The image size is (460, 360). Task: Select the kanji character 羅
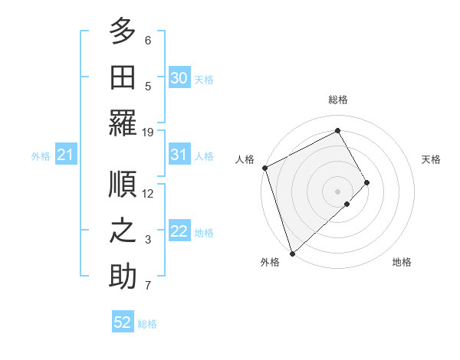[x=123, y=123]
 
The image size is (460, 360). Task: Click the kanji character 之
[x=123, y=230]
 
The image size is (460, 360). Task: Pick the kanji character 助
[x=123, y=277]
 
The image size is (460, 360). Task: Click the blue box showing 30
[x=179, y=77]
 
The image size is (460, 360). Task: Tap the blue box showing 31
[x=179, y=155]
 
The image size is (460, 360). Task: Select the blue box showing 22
[x=179, y=232]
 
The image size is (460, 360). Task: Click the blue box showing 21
[x=65, y=155]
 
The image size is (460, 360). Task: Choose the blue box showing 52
[x=123, y=322]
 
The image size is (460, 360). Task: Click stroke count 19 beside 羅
[x=148, y=132]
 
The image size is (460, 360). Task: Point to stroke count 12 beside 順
[x=148, y=193]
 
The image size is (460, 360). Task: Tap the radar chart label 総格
[x=338, y=100]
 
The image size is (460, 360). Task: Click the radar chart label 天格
[x=432, y=159]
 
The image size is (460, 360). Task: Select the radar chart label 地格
[x=402, y=263]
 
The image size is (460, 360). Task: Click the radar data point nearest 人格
[x=264, y=168]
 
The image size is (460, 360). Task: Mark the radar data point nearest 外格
[x=292, y=253]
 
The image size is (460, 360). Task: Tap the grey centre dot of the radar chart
[x=337, y=191]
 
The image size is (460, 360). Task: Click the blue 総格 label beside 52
[x=147, y=323]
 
